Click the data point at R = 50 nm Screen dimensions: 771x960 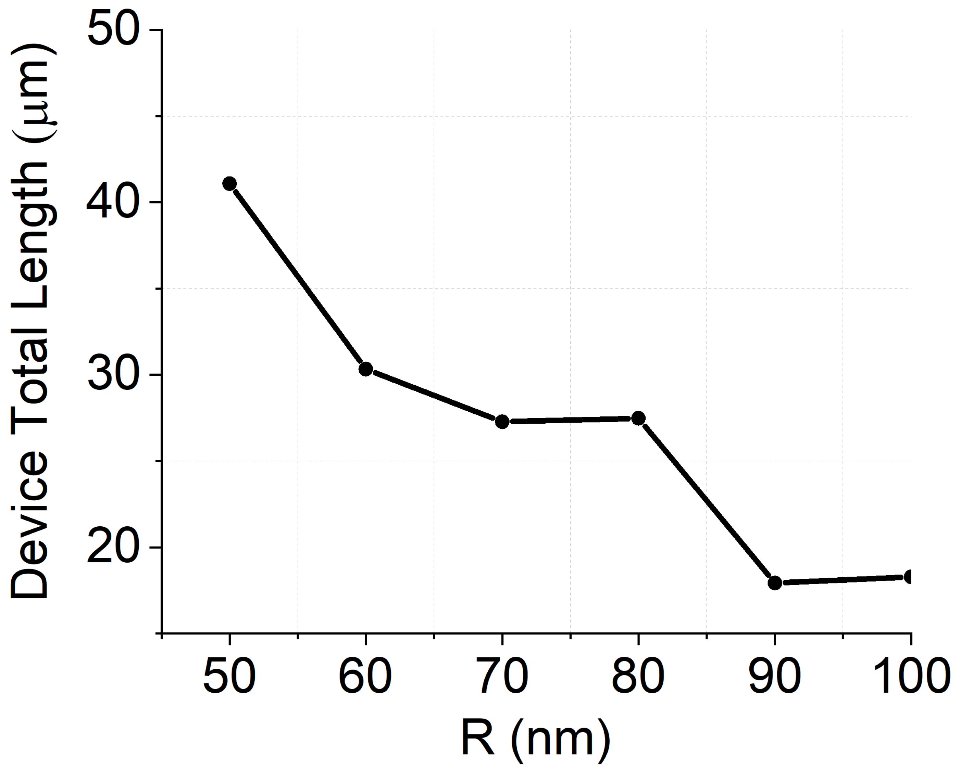click(229, 183)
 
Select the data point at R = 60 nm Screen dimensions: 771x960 click(365, 369)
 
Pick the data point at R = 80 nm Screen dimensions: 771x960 click(638, 418)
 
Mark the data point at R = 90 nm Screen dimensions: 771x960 click(775, 582)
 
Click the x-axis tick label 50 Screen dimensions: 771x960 click(229, 675)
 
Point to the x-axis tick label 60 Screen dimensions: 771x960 click(365, 675)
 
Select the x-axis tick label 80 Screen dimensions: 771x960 click(638, 675)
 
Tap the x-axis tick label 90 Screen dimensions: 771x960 click(775, 675)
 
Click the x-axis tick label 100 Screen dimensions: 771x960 click(908, 675)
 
